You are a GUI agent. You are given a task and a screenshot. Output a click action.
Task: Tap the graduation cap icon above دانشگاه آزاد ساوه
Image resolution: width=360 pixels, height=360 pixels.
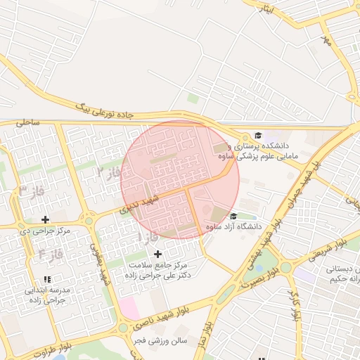(x=233, y=216)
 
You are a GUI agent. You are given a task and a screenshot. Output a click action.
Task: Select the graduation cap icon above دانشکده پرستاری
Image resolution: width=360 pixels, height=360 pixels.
(x=258, y=135)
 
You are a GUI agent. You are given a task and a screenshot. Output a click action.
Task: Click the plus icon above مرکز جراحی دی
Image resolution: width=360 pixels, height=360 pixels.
(x=46, y=220)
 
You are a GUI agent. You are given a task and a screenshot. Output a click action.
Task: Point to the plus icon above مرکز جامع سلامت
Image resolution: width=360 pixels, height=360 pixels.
(x=157, y=254)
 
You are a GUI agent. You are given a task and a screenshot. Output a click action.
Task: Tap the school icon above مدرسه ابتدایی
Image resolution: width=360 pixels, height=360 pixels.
(x=46, y=280)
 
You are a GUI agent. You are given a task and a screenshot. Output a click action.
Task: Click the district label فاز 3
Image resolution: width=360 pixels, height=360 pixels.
(x=29, y=191)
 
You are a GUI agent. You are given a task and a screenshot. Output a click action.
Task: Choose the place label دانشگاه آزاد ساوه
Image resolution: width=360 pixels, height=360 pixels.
(x=233, y=227)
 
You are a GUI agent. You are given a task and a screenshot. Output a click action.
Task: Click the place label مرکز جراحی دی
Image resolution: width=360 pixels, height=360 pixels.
(x=46, y=231)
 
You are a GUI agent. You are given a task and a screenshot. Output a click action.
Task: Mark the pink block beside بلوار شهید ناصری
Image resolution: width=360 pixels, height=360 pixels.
(x=129, y=308)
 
